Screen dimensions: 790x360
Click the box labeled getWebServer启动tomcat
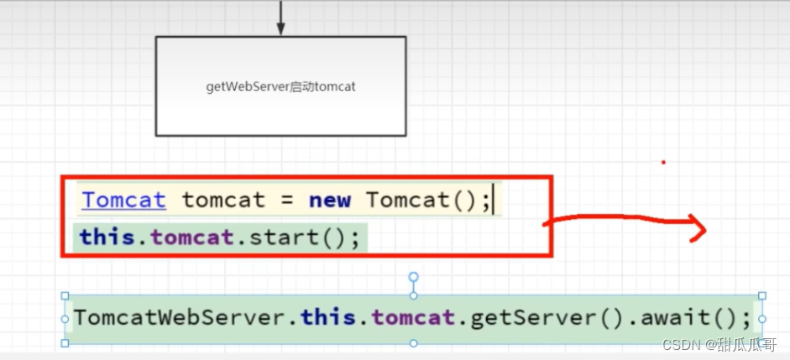pyautogui.click(x=280, y=86)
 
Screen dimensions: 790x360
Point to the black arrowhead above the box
pyautogui.click(x=281, y=29)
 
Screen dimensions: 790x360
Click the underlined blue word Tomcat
pyautogui.click(x=123, y=201)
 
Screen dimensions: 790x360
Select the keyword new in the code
pyautogui.click(x=330, y=201)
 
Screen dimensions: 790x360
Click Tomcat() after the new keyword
pyautogui.click(x=417, y=201)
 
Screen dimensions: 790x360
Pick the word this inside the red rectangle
pyautogui.click(x=107, y=237)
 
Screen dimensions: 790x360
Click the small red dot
pyautogui.click(x=663, y=162)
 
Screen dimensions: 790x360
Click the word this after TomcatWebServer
pyautogui.click(x=328, y=318)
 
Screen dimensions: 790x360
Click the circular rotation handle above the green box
pyautogui.click(x=413, y=276)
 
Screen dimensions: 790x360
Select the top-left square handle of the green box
pyautogui.click(x=65, y=295)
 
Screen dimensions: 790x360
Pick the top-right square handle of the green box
pyautogui.click(x=761, y=295)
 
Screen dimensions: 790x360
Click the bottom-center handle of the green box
pyautogui.click(x=413, y=343)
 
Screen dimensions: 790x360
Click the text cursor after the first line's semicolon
pyautogui.click(x=494, y=201)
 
